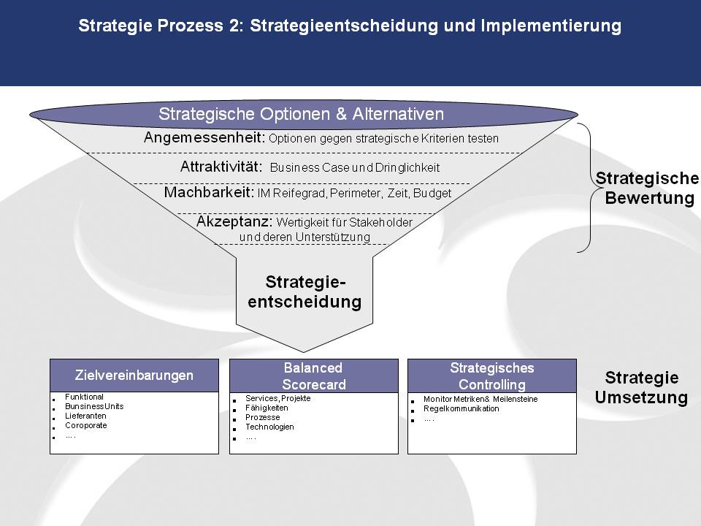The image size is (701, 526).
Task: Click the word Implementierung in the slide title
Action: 551,26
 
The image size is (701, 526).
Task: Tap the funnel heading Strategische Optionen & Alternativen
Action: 302,114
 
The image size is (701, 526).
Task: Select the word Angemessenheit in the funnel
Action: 204,137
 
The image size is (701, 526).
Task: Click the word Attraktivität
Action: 221,167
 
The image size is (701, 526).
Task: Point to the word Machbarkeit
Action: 210,192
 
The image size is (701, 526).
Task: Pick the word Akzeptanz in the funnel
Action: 234,221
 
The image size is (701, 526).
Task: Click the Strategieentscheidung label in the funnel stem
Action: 304,291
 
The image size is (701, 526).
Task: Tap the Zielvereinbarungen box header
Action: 134,376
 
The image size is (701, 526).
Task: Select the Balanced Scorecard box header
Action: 313,376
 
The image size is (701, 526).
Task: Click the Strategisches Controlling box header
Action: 491,376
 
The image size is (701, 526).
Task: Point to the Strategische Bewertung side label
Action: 648,188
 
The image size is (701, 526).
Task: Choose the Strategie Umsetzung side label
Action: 642,387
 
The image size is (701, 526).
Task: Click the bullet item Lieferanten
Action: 85,416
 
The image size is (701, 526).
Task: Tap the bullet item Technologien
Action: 269,427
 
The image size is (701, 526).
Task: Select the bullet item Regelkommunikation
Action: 461,408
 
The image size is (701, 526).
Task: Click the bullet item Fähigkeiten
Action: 267,408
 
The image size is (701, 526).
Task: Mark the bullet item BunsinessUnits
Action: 94,406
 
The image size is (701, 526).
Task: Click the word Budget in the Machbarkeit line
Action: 432,193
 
